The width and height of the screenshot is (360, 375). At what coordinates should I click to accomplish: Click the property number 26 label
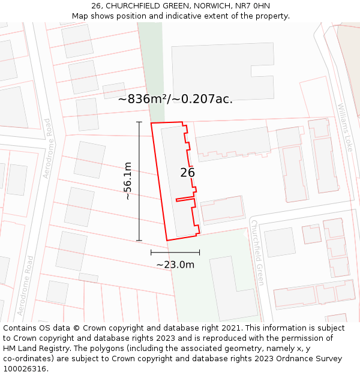tap(187, 173)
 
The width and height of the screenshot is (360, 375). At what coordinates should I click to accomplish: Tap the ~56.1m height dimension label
tap(127, 181)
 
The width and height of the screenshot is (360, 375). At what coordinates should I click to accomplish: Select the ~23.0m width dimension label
tap(175, 265)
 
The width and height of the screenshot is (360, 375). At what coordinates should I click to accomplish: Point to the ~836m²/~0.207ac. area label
tap(175, 100)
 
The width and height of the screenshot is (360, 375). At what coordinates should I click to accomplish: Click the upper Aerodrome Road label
tap(47, 148)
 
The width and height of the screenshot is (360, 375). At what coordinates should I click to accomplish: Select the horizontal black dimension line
tap(175, 253)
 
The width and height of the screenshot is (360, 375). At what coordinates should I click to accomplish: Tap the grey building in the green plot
tap(233, 288)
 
